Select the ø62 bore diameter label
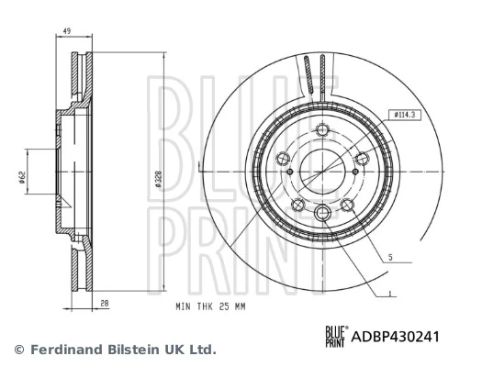pos(20,178)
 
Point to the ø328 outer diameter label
pos(158,181)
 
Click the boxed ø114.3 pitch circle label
pos(405,115)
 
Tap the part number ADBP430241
pos(397,337)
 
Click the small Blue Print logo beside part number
pos(337,337)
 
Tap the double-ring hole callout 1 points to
pos(323,214)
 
